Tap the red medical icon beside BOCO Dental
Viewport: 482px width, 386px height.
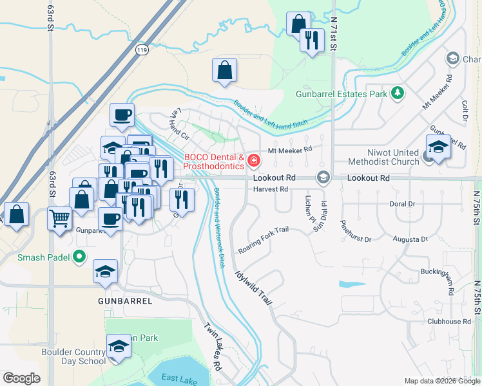pos(255,160)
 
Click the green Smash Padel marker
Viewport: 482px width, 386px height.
pos(79,257)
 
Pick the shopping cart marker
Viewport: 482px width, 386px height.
pos(60,218)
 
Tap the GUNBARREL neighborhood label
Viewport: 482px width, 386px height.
pos(125,301)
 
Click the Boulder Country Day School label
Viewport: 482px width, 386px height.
pos(73,356)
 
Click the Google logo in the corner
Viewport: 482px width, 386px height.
pos(21,378)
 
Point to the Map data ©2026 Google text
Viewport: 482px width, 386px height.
pos(442,381)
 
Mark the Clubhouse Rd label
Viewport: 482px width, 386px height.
pos(448,321)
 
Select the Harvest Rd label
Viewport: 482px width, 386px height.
pos(271,189)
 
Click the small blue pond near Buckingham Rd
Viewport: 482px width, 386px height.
pos(352,284)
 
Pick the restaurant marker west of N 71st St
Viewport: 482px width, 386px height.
pos(312,40)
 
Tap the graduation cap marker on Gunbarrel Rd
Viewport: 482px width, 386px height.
pos(438,147)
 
